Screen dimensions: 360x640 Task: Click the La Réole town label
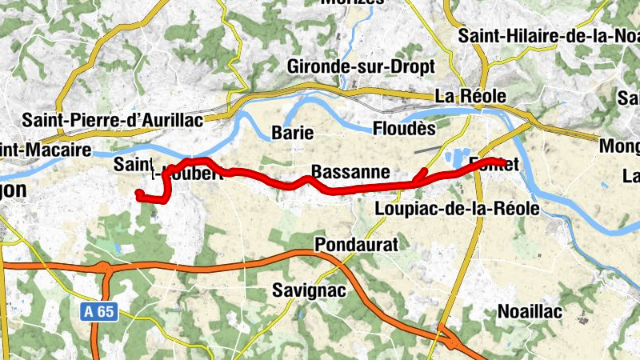click(x=470, y=96)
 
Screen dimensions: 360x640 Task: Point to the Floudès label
click(x=405, y=128)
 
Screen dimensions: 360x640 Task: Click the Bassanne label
click(x=350, y=172)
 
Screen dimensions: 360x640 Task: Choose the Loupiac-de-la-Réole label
click(x=457, y=210)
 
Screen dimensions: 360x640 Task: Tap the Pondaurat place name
click(x=356, y=244)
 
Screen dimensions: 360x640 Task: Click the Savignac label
click(x=309, y=290)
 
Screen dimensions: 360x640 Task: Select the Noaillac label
click(x=530, y=310)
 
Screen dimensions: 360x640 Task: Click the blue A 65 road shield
click(x=102, y=311)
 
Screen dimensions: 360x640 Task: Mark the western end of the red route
click(x=139, y=194)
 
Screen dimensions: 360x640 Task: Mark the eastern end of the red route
click(x=502, y=162)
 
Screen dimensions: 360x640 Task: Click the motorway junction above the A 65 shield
click(x=106, y=266)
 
